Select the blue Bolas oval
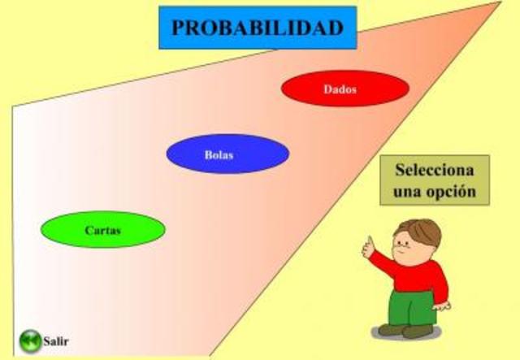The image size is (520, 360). [x=227, y=154]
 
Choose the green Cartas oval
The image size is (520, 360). [x=103, y=229]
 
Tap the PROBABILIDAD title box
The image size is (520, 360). [x=257, y=28]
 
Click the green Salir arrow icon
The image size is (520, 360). [x=30, y=340]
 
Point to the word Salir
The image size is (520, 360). [x=56, y=340]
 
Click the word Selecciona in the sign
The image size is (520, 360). [x=433, y=171]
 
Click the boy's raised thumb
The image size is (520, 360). [x=368, y=244]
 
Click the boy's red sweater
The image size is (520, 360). [x=418, y=277]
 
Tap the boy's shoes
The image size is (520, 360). [x=406, y=331]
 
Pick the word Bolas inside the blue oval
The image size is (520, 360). [x=219, y=154]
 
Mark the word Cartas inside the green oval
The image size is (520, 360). [x=102, y=230]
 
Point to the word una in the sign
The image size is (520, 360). [x=408, y=193]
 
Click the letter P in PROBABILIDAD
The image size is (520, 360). [x=177, y=28]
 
